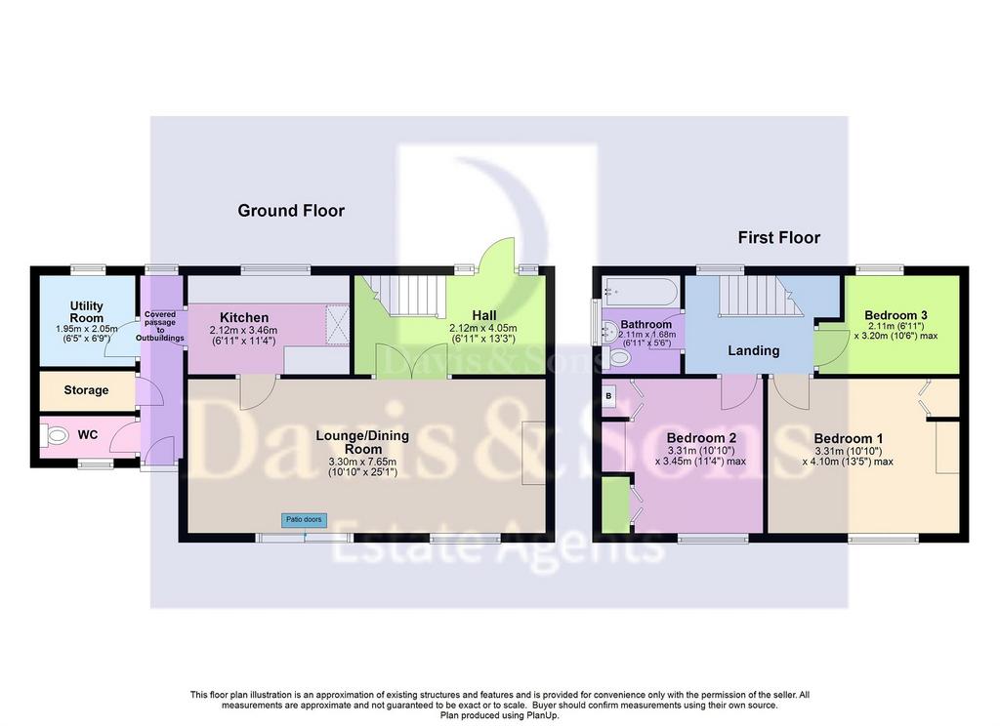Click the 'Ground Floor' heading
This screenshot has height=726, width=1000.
(x=291, y=211)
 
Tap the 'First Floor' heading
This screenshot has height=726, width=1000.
(x=778, y=238)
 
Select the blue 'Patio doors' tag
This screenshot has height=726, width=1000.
(x=305, y=520)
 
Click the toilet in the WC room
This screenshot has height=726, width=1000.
(x=56, y=436)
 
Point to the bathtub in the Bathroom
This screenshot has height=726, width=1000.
(x=640, y=292)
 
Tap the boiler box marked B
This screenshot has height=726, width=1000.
(x=608, y=396)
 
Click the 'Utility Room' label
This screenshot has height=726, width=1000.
(x=87, y=311)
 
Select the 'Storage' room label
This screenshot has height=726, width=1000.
(x=86, y=390)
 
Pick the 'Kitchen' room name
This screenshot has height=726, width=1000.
(x=244, y=317)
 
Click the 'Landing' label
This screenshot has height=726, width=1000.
(x=753, y=350)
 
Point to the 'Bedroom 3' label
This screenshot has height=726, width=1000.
(x=896, y=315)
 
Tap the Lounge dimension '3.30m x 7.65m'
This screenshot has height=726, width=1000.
(x=362, y=463)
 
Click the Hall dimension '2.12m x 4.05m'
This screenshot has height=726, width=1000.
(x=483, y=328)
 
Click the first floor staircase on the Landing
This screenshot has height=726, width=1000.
(x=760, y=296)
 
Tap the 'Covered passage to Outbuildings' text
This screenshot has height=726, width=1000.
(x=160, y=326)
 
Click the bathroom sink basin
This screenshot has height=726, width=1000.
(x=609, y=332)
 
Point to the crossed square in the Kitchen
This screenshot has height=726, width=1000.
(x=337, y=325)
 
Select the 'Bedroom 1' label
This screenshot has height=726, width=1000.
(x=849, y=438)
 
